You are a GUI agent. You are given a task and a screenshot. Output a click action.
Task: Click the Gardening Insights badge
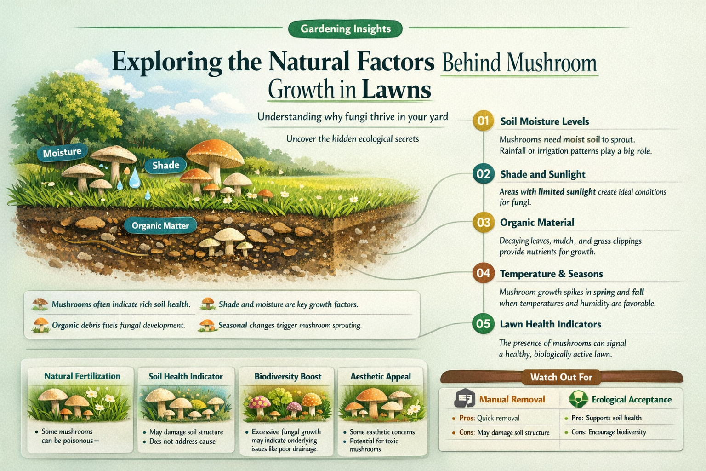click(x=345, y=29)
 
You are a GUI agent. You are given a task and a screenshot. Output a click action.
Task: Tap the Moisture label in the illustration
click(x=62, y=152)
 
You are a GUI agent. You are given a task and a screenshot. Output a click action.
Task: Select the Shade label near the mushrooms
click(x=165, y=165)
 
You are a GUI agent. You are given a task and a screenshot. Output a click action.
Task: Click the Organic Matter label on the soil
click(x=160, y=225)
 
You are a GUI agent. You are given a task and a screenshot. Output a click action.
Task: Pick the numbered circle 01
click(x=483, y=121)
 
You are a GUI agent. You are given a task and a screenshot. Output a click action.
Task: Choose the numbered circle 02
click(x=483, y=174)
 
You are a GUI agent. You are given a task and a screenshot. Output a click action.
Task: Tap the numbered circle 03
click(x=483, y=223)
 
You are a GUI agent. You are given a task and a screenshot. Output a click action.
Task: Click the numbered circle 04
click(x=483, y=273)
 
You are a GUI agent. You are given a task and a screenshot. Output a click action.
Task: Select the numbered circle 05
click(x=483, y=324)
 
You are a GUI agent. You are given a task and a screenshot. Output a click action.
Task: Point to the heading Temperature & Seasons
click(x=551, y=274)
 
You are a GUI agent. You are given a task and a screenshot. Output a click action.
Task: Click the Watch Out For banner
click(x=561, y=377)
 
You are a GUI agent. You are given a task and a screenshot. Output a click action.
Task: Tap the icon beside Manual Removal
click(x=464, y=399)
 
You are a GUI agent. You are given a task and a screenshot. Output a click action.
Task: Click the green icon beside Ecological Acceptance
click(x=578, y=399)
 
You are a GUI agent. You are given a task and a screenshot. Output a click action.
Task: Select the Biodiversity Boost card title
click(x=288, y=376)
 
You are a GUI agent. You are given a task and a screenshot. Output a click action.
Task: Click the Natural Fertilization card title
click(x=82, y=376)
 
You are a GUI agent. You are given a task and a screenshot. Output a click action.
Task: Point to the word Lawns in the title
click(x=396, y=89)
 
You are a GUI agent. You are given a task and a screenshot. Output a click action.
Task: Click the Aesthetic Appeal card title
click(x=381, y=376)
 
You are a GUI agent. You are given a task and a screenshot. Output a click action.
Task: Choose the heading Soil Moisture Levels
click(x=544, y=121)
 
